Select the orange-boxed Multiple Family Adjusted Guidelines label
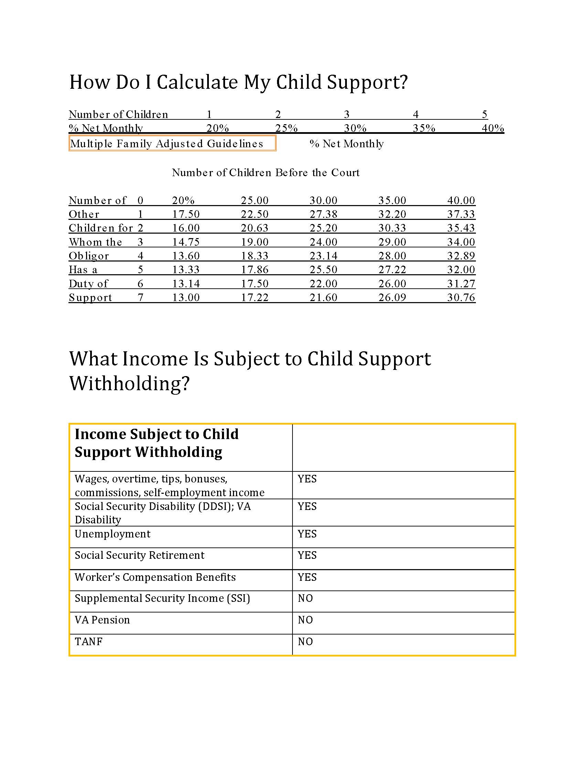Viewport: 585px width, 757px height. point(172,143)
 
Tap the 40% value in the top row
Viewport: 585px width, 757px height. point(492,128)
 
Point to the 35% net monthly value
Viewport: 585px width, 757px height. point(424,128)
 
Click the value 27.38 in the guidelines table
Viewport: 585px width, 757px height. point(323,214)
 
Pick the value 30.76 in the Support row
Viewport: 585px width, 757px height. point(461,297)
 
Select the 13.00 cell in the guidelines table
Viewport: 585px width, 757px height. point(186,297)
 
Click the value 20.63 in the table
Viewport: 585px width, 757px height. point(255,228)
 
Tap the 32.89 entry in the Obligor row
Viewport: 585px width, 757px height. point(461,256)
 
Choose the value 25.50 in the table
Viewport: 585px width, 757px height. point(323,270)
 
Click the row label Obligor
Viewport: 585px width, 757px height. point(89,256)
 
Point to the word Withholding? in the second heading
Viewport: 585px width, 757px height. point(129,383)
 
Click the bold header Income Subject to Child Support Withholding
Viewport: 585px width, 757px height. point(157,443)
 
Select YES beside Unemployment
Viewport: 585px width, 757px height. point(307,534)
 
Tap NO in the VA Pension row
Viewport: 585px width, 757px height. point(305,620)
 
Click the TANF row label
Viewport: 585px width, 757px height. point(89,642)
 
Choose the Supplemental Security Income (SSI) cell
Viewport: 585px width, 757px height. point(162,598)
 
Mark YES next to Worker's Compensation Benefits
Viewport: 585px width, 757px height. point(307,577)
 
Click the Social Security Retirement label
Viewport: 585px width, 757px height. point(139,555)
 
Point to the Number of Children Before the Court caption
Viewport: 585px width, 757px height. point(265,173)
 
